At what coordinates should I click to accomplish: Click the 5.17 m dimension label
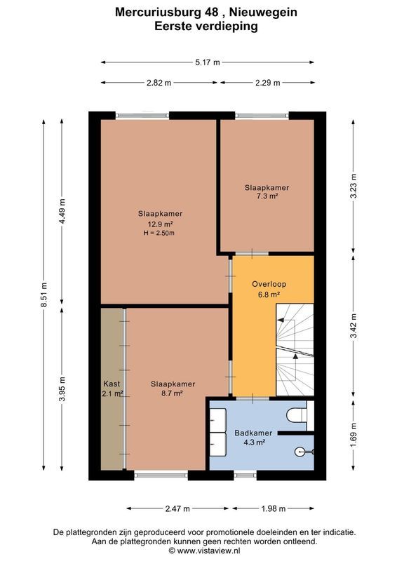coord(207,62)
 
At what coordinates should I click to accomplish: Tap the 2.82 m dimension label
coord(159,83)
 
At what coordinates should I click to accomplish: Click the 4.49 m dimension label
coord(62,211)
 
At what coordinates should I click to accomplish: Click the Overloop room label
coord(269,284)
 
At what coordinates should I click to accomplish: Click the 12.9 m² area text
coord(155,224)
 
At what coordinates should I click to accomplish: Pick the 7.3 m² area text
coord(267,197)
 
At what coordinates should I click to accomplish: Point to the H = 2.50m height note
coord(158,233)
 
